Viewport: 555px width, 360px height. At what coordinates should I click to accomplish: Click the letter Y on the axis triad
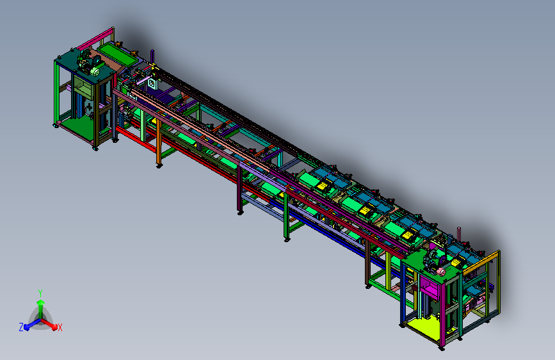click(x=40, y=293)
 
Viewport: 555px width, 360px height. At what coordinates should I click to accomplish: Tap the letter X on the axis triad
click(x=60, y=327)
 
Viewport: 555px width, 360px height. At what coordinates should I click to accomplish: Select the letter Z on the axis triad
click(x=21, y=327)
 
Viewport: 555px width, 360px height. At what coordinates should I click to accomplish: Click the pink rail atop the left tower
click(x=95, y=38)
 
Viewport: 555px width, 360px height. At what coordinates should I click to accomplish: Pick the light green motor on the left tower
click(x=95, y=71)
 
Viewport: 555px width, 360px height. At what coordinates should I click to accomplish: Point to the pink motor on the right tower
click(x=440, y=272)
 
